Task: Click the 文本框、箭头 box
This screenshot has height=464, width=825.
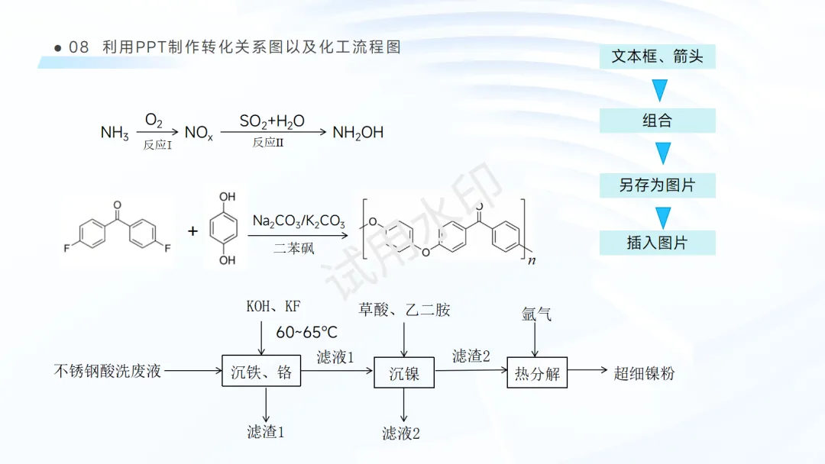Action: pos(657,56)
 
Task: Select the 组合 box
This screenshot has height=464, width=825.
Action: pos(657,121)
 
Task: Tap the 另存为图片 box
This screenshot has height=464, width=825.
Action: pos(657,185)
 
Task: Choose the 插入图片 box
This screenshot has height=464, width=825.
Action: pos(657,243)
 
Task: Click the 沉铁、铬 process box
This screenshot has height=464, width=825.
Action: pos(261,373)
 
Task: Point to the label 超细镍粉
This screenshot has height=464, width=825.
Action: pos(645,373)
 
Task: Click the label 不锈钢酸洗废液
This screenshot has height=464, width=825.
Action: pos(108,372)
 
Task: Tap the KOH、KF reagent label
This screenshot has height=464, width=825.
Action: pos(273,307)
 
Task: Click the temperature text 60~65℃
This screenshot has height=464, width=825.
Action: pos(306,332)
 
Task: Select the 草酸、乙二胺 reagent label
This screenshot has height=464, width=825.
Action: pos(404,309)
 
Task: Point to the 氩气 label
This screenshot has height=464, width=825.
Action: pos(536,314)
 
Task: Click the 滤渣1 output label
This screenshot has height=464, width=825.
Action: pos(266,432)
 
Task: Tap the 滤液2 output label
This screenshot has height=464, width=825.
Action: pos(401,433)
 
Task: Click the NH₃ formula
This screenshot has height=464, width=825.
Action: pos(115,134)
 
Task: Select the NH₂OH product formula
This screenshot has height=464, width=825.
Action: pos(357,133)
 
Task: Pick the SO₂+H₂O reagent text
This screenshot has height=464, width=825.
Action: pos(272,121)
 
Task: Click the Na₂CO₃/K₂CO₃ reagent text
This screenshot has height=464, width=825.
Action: pos(299,222)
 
